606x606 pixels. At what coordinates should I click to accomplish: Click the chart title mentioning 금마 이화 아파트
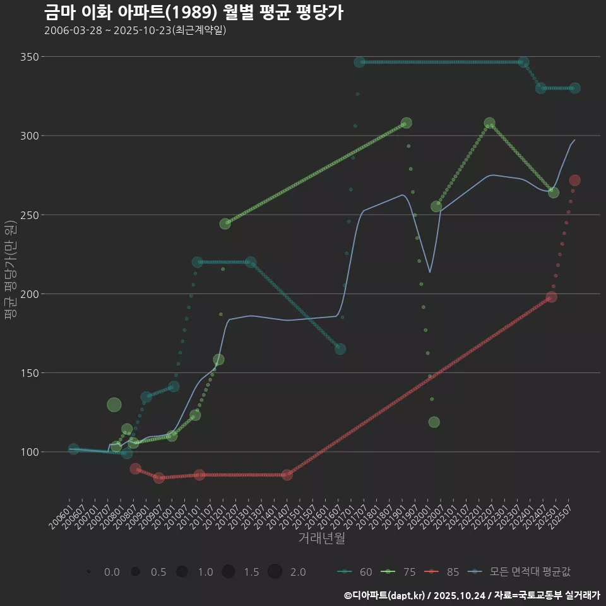click(194, 12)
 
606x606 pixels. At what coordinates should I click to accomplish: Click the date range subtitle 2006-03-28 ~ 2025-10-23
click(135, 30)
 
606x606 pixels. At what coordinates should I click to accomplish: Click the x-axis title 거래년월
click(321, 538)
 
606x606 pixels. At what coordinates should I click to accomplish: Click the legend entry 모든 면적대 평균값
click(521, 572)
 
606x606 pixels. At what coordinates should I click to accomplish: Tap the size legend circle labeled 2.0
click(275, 572)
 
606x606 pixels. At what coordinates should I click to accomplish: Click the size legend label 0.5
click(158, 572)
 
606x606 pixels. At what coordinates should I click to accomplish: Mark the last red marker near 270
click(574, 181)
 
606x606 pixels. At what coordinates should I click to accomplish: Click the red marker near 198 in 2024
click(551, 297)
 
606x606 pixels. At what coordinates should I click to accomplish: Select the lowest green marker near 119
click(434, 422)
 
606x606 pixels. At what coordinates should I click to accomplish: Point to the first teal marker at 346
click(360, 62)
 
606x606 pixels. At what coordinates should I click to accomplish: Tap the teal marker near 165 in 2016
click(340, 348)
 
